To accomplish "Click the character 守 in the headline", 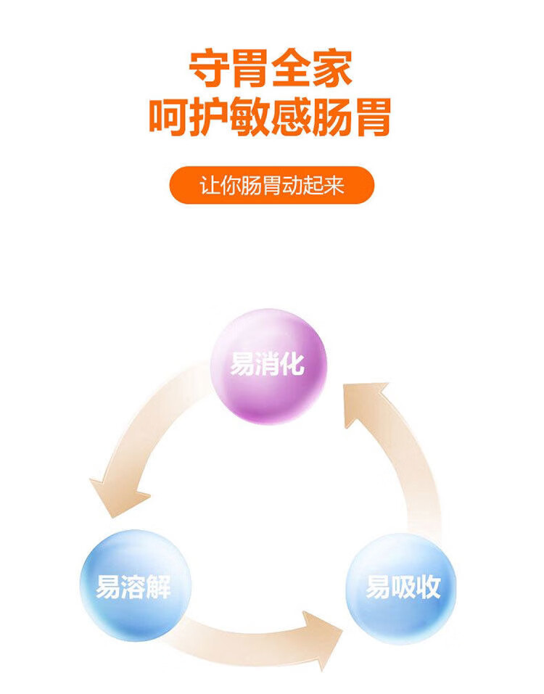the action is [210, 70].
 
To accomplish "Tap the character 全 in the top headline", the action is [293, 70].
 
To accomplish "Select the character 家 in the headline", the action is [334, 70].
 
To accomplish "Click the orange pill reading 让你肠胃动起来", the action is [271, 186].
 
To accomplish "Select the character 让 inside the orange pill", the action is [209, 186].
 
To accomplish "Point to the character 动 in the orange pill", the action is [292, 186].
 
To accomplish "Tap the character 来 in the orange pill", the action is [334, 186].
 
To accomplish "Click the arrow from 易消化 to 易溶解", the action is [138, 450].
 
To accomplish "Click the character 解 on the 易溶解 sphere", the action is [159, 586].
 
